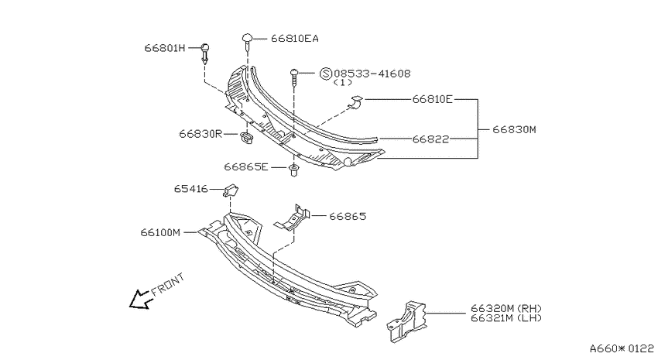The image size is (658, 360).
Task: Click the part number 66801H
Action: [x=164, y=48]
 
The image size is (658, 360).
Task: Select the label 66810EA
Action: [x=295, y=39]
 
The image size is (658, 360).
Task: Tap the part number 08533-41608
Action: [x=372, y=74]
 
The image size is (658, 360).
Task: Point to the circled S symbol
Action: [x=326, y=74]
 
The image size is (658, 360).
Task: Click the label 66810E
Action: [x=432, y=99]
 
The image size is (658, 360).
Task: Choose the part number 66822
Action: [x=430, y=139]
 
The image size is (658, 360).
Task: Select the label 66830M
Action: [x=514, y=129]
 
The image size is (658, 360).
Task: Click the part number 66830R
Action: [x=200, y=134]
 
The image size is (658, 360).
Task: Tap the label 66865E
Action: [x=246, y=167]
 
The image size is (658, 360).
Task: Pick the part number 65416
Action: [x=191, y=189]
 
